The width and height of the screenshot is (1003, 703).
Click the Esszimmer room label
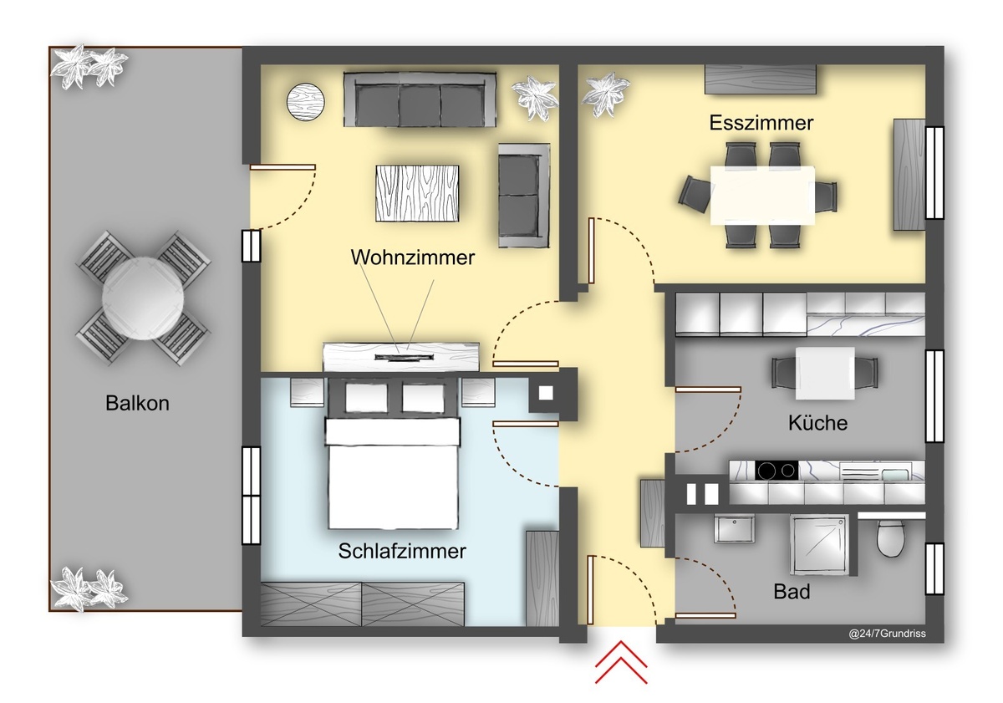click(x=761, y=123)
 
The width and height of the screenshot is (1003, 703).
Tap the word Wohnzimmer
click(x=412, y=257)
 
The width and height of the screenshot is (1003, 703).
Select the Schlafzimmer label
click(x=402, y=551)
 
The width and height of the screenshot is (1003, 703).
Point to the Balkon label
click(x=137, y=404)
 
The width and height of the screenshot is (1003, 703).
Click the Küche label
click(x=817, y=423)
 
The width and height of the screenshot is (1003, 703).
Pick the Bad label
click(x=792, y=592)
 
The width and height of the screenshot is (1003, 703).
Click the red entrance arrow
click(x=621, y=662)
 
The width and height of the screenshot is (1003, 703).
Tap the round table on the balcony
click(x=143, y=298)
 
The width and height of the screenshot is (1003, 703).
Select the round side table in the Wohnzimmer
click(x=305, y=102)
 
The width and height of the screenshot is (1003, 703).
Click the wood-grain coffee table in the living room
click(x=417, y=193)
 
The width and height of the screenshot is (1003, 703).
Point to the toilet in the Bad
click(x=891, y=537)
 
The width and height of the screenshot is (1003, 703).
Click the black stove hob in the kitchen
click(x=776, y=471)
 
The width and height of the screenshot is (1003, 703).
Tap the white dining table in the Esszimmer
click(x=762, y=196)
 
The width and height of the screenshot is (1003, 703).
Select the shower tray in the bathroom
click(x=819, y=545)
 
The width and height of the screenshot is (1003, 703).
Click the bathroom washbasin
click(x=735, y=528)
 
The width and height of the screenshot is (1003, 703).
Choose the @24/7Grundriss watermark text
click(x=887, y=634)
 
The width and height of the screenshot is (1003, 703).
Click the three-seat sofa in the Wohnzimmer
click(x=420, y=99)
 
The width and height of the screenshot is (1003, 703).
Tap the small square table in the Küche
click(x=825, y=373)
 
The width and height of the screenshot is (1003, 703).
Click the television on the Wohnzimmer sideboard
click(x=405, y=357)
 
